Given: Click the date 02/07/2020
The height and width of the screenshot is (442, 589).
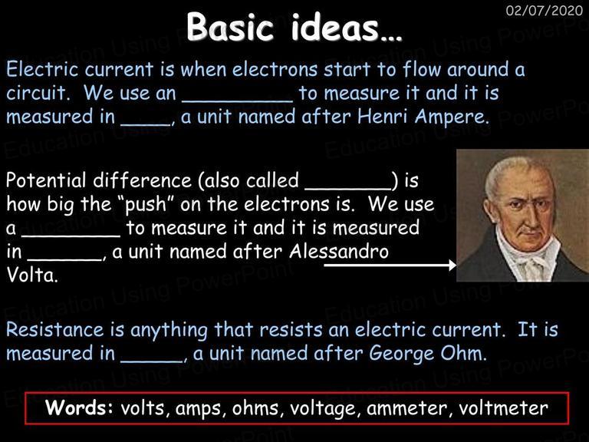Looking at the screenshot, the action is pyautogui.click(x=545, y=10).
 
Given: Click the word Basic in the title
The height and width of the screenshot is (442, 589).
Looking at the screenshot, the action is pyautogui.click(x=230, y=27).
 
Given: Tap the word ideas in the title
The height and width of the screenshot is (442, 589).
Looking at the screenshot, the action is pyautogui.click(x=334, y=27).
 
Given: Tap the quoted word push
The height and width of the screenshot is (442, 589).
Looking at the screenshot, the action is pyautogui.click(x=145, y=205).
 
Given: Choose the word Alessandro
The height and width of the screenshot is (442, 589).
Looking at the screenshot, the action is pyautogui.click(x=339, y=252).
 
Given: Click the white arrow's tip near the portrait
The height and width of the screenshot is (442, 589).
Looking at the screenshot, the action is pyautogui.click(x=456, y=266).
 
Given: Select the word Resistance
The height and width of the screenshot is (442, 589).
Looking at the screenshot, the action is pyautogui.click(x=55, y=330).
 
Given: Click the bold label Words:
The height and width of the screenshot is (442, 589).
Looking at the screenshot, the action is pyautogui.click(x=79, y=407).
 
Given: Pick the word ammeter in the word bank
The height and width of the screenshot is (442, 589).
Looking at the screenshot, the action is pyautogui.click(x=406, y=408).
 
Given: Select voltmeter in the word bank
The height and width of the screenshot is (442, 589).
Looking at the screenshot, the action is pyautogui.click(x=503, y=408).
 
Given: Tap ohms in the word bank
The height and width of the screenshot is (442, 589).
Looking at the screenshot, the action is pyautogui.click(x=256, y=408).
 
